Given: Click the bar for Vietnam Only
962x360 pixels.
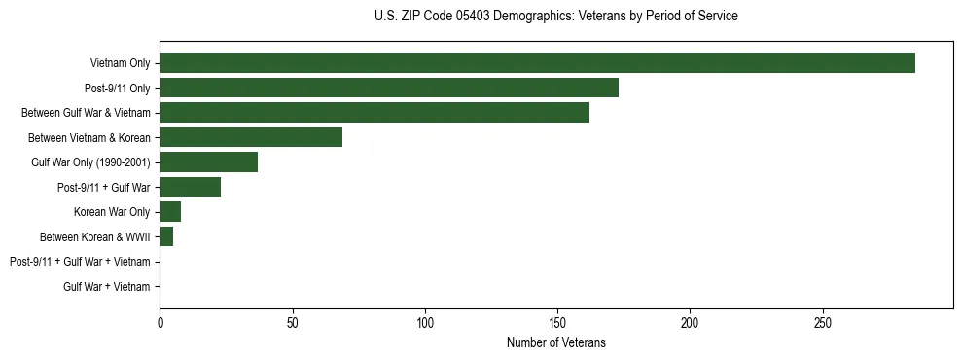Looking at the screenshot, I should [x=537, y=63].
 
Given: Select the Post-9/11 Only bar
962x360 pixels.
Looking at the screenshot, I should [x=389, y=88].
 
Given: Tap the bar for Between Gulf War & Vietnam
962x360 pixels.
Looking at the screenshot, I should [x=374, y=113].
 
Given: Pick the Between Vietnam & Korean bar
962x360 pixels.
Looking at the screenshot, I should [x=251, y=137].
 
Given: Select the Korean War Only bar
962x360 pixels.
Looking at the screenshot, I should [x=170, y=212].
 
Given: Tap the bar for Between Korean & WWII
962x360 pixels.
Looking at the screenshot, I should [x=166, y=236].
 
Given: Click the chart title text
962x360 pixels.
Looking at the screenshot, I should [x=555, y=17].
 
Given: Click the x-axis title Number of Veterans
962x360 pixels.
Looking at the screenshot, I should [x=555, y=343].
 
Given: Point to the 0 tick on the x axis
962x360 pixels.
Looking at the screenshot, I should [x=160, y=323].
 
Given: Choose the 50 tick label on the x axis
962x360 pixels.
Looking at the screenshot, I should [x=292, y=323].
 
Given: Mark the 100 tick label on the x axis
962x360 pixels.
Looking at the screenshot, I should [x=425, y=323].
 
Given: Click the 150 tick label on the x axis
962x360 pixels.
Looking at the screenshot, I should [x=557, y=323].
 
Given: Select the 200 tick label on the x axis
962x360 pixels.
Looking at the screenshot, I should [x=690, y=323].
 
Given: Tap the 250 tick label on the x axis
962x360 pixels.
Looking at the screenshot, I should [x=823, y=323].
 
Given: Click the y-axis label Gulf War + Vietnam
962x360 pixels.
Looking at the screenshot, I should [x=106, y=287].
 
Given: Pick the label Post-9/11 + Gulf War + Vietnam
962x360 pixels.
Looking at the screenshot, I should [x=80, y=262].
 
